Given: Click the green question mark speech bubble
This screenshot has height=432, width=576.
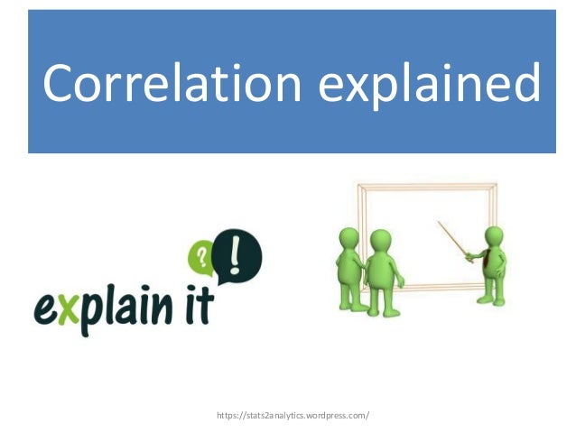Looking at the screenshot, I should click(x=204, y=258).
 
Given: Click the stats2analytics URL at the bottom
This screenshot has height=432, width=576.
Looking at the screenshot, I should click(x=293, y=416).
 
